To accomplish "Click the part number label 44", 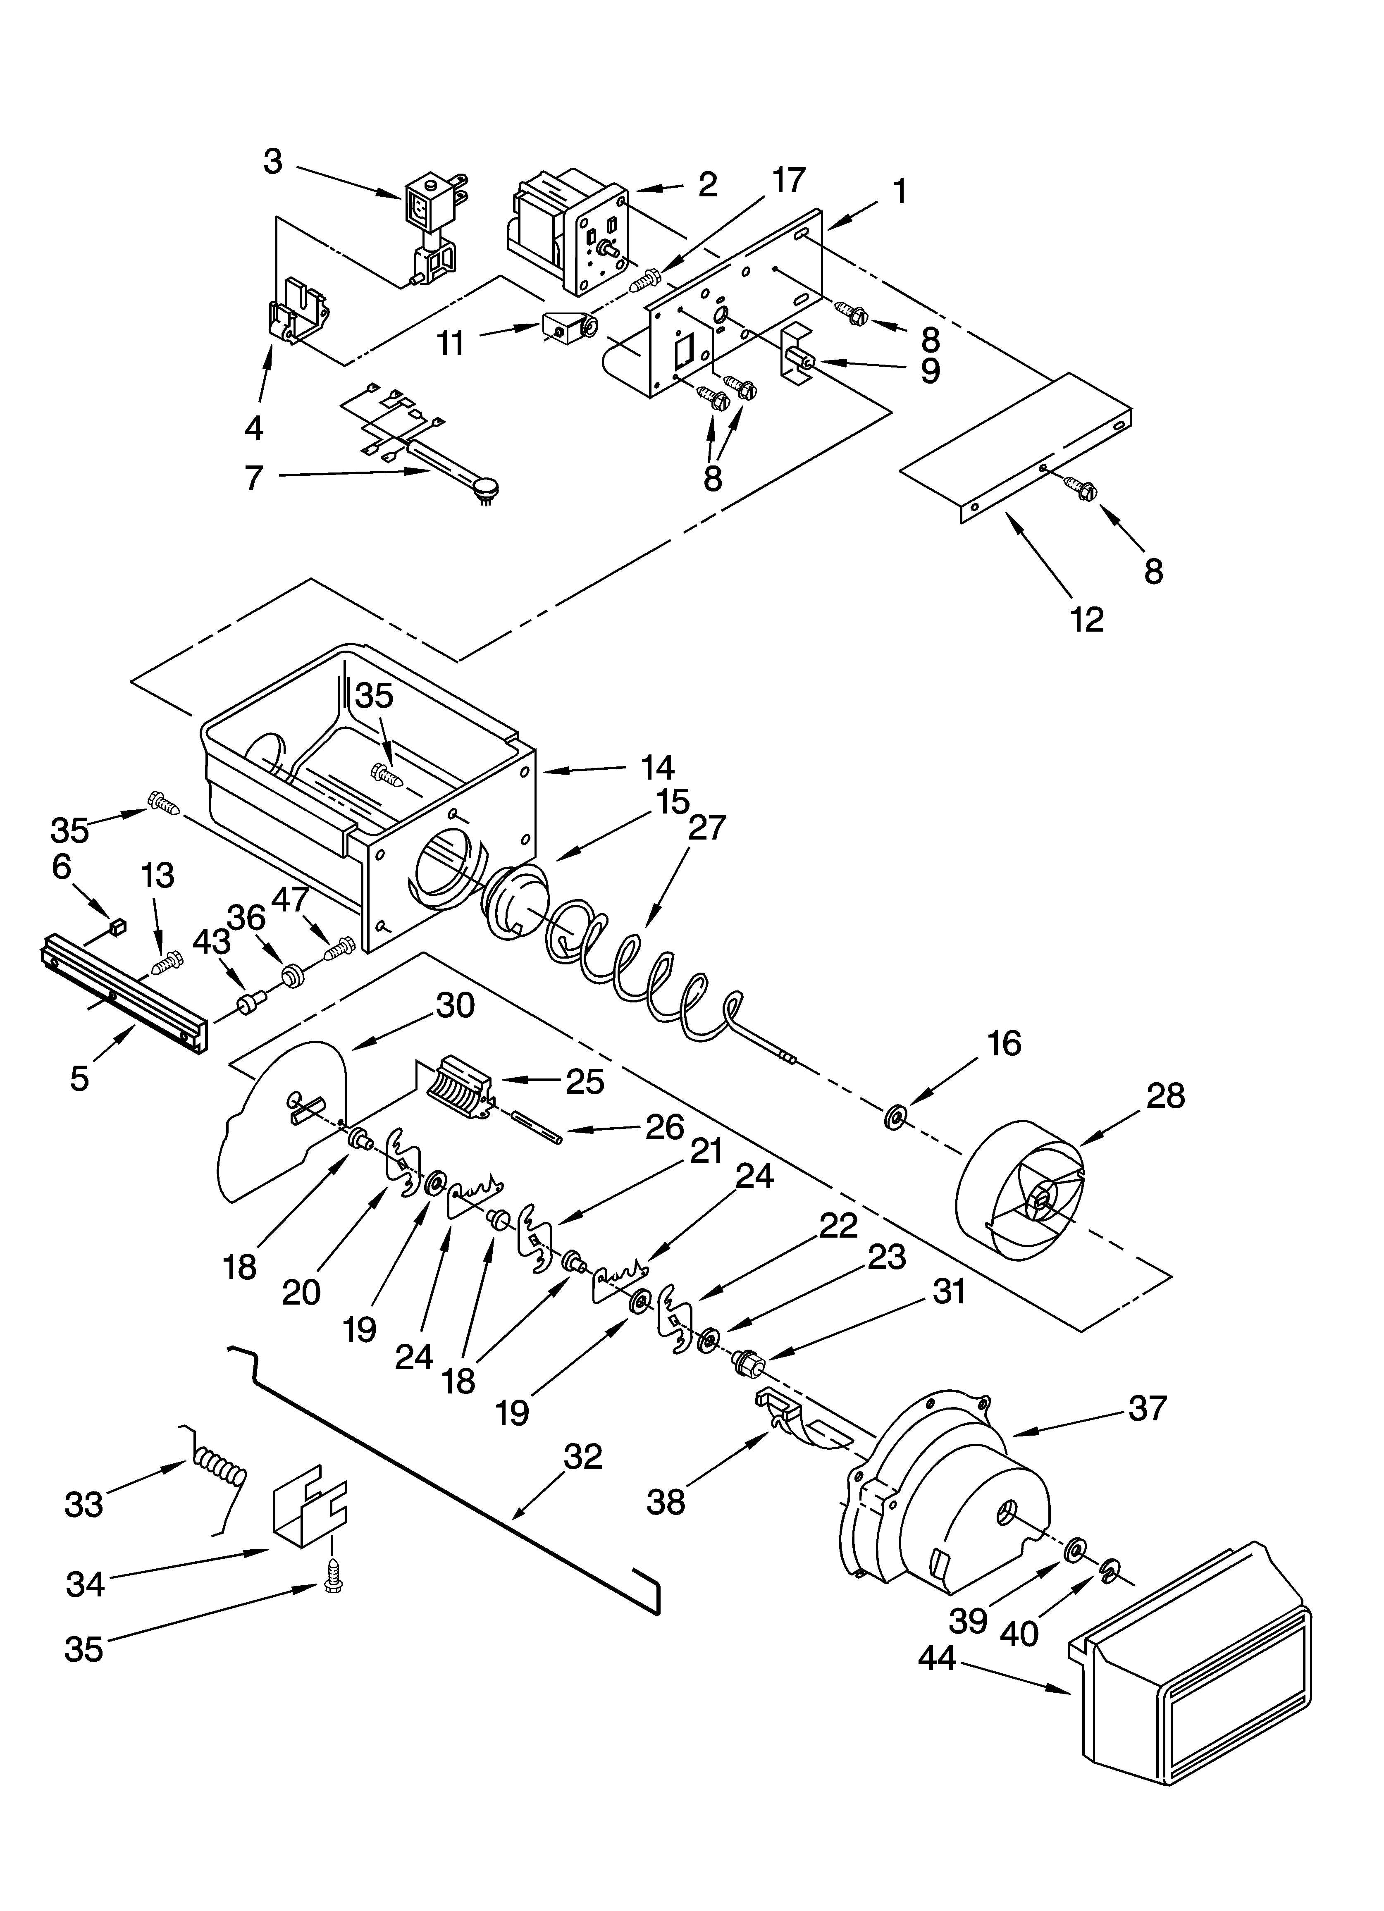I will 936,1659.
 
